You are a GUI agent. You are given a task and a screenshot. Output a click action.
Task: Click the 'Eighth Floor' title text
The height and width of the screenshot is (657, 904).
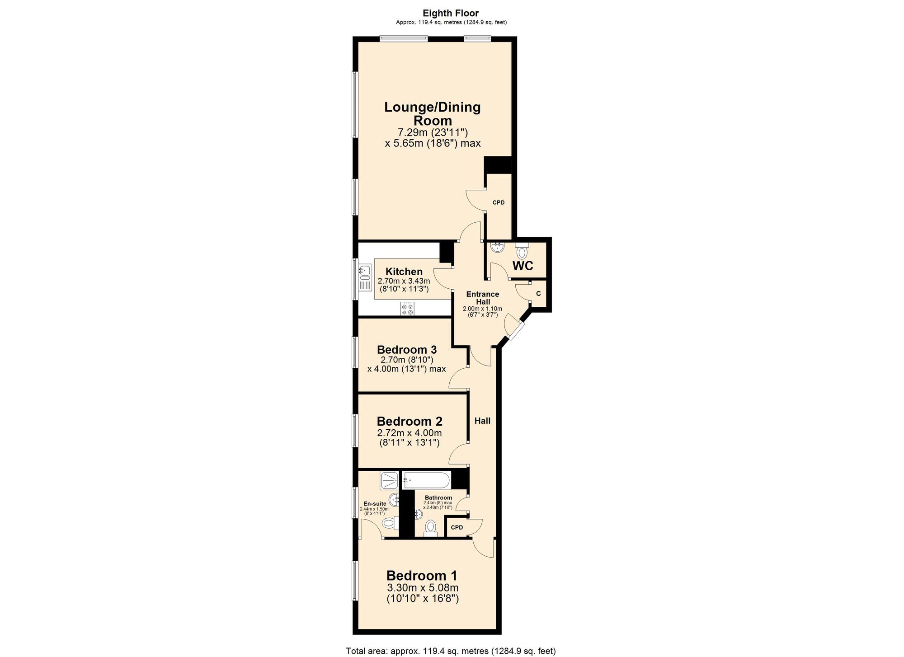451,14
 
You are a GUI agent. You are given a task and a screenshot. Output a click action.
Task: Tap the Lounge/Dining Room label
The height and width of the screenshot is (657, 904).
433,114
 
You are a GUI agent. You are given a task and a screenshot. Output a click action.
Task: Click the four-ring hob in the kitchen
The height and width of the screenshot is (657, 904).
407,309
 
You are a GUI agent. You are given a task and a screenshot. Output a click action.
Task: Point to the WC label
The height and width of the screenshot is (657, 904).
523,266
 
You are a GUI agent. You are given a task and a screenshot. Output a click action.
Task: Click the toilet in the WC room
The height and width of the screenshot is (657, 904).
522,251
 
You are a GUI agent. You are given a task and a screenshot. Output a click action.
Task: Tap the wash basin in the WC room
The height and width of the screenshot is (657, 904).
497,247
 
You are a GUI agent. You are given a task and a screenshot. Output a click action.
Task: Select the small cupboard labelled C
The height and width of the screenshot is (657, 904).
538,294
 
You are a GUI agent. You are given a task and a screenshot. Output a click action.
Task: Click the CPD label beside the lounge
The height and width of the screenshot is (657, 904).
499,202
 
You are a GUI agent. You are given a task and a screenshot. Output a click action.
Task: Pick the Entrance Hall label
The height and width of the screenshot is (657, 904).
483,298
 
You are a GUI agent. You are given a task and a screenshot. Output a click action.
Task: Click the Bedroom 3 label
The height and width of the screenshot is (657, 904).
407,350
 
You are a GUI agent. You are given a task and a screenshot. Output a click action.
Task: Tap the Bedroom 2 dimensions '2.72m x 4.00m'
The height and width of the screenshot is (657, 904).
409,433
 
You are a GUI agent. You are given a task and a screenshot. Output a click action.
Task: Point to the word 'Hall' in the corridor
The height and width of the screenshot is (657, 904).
482,421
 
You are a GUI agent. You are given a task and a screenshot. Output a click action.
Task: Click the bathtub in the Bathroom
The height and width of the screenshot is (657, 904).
427,480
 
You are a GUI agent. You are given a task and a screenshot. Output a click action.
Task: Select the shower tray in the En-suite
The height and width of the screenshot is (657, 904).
389,481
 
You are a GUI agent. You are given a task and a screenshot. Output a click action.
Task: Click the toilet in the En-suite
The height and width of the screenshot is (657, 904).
390,523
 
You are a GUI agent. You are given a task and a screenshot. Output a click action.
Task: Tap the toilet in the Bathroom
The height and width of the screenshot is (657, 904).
431,527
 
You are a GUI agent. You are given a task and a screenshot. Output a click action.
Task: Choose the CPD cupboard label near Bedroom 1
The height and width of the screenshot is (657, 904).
457,527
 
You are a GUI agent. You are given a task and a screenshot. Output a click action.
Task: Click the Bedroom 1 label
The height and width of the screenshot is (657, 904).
422,576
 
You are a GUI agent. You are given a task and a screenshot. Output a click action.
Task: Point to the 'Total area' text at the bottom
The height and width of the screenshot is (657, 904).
451,651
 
